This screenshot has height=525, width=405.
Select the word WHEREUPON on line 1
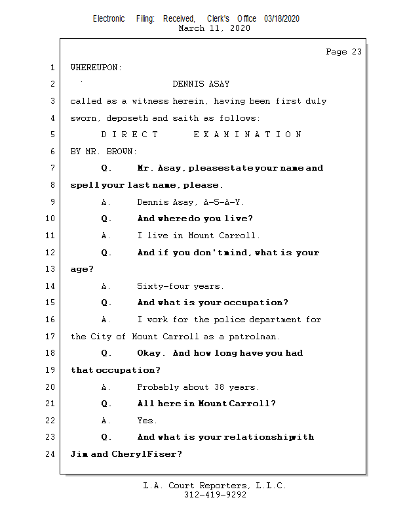96,68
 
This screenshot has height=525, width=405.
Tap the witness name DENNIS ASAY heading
201,84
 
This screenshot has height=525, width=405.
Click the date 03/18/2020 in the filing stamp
282,18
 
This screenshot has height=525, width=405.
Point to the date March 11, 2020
214,28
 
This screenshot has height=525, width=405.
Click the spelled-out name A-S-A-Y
224,202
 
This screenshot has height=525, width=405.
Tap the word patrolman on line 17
257,337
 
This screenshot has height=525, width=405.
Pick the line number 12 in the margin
51,253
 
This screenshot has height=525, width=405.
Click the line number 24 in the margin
51,454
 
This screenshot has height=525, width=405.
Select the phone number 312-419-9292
214,495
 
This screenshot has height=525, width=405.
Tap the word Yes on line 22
147,421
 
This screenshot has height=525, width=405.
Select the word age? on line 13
82,269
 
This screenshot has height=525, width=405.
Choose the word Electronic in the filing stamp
109,18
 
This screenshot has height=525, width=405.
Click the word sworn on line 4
83,118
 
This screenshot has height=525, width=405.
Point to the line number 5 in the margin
52,135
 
